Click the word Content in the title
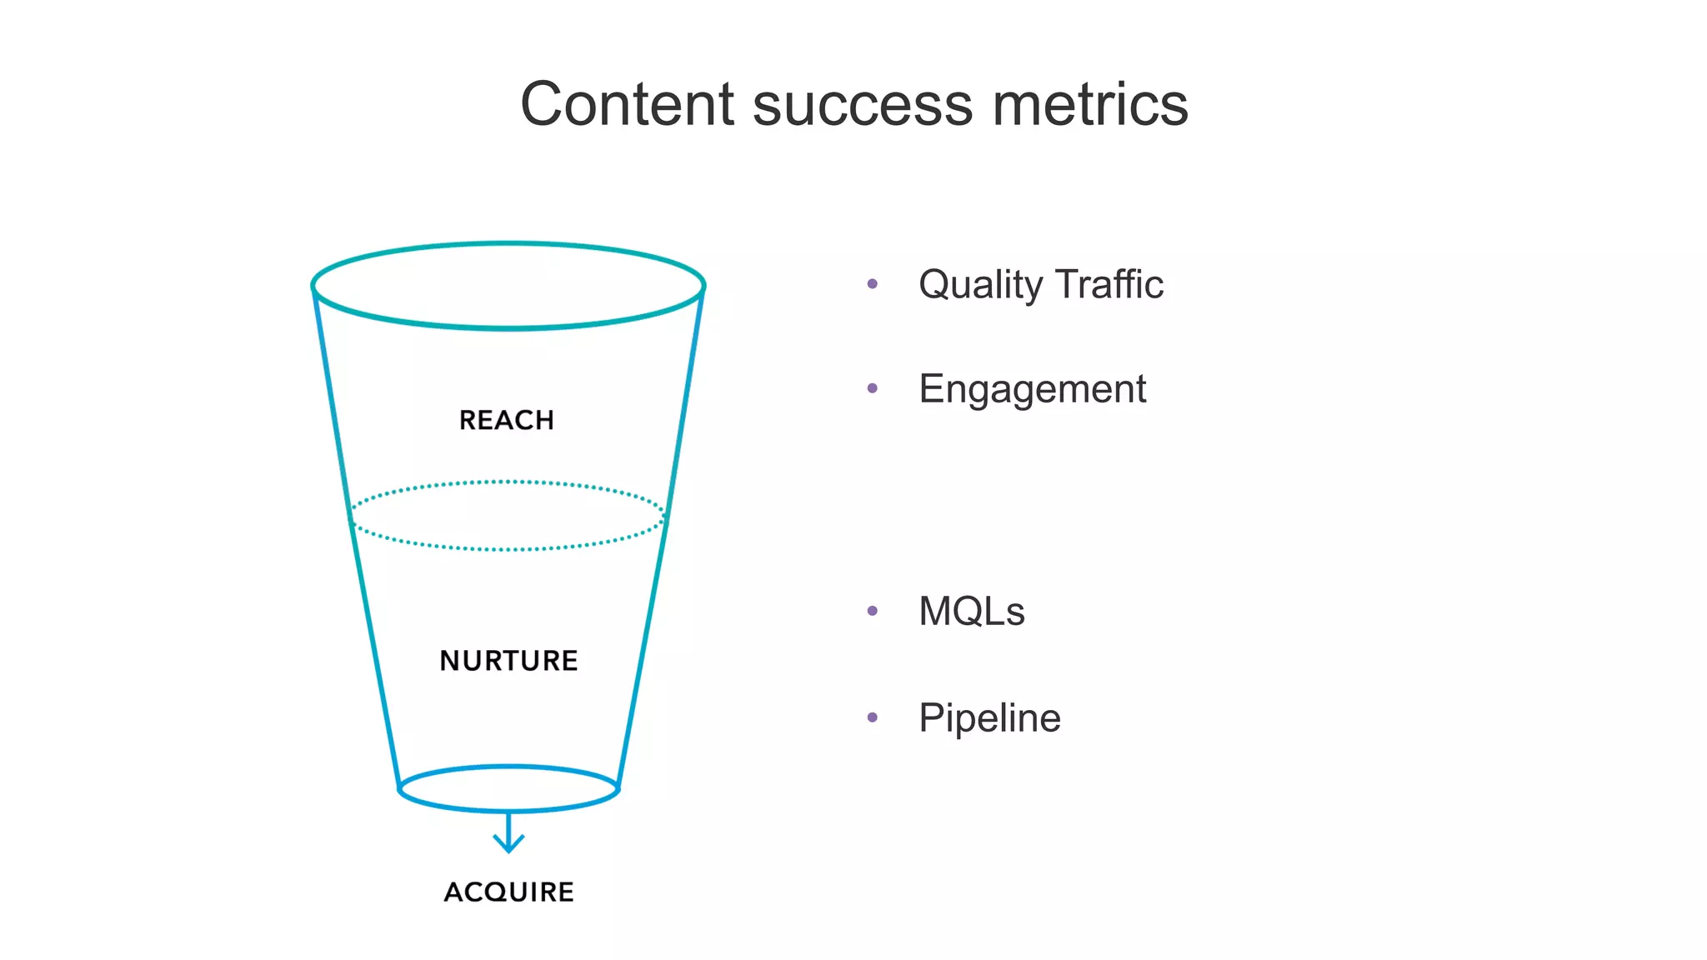[x=627, y=104]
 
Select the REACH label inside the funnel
[x=507, y=420]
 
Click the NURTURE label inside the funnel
[x=508, y=661]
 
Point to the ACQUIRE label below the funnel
[x=508, y=892]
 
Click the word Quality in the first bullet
[x=980, y=285]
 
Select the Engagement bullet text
[x=1032, y=389]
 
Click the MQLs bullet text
[x=971, y=612]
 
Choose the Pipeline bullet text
[x=989, y=718]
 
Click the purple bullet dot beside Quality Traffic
[x=873, y=284]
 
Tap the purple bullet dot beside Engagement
[x=873, y=388]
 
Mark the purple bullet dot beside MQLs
[x=873, y=611]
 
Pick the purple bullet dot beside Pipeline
[x=873, y=717]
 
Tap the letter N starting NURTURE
[x=451, y=661]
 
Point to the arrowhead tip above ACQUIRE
[x=508, y=851]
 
